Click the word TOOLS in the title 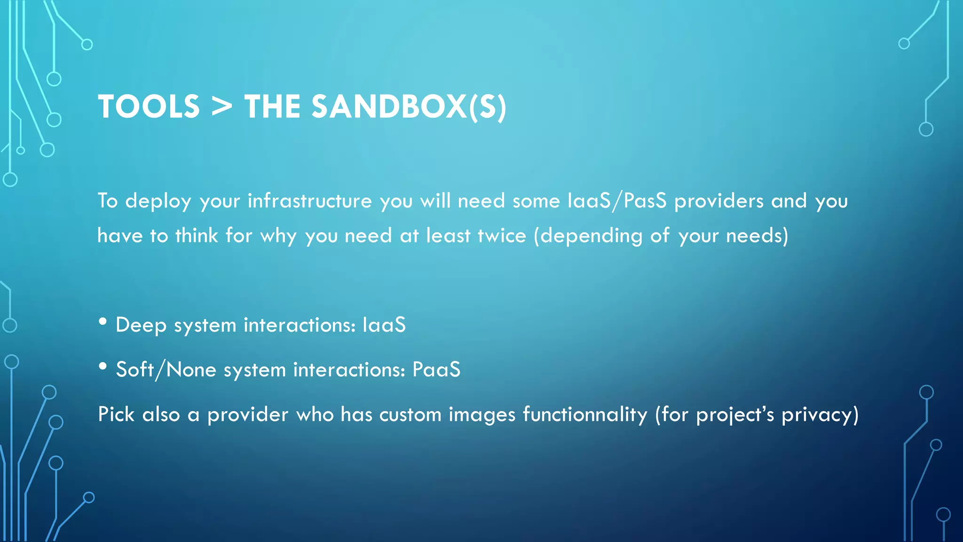149,107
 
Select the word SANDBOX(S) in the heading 409,107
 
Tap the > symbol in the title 222,107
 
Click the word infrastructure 310,201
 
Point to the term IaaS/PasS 617,201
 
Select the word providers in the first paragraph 719,201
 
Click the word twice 502,236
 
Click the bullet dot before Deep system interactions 103,322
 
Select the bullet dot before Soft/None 103,367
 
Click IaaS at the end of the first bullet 384,325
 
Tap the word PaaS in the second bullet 436,370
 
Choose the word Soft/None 166,370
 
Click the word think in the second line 197,236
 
